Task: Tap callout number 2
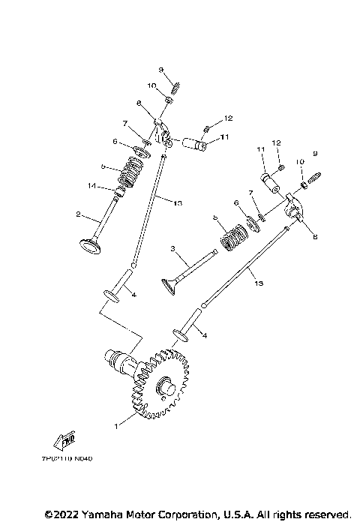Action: (x=77, y=214)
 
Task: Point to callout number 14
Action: (x=91, y=186)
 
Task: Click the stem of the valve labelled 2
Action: (x=105, y=217)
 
